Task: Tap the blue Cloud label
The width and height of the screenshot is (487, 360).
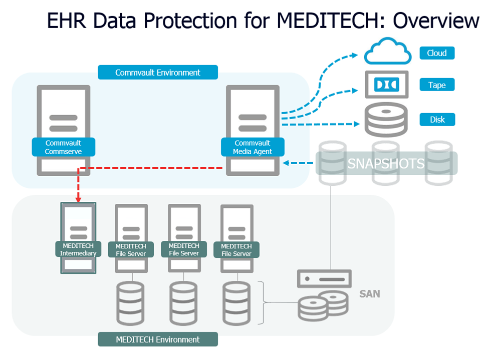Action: tap(436, 53)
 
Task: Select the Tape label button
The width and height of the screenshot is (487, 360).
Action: tap(436, 85)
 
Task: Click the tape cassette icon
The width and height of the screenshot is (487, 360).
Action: tap(386, 84)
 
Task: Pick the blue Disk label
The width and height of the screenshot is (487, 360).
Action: tap(437, 120)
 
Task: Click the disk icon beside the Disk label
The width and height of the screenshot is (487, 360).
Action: tap(385, 120)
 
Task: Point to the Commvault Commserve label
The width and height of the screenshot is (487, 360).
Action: tap(63, 147)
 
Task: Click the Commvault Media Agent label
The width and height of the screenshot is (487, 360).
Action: tap(253, 147)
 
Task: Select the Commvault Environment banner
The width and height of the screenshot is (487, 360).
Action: tap(157, 72)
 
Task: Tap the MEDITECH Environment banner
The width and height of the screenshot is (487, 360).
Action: tap(157, 339)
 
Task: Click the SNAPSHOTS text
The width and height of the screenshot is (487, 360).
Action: tap(386, 163)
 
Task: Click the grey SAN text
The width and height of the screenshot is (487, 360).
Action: tap(369, 294)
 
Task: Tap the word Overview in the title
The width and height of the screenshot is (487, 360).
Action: tap(435, 21)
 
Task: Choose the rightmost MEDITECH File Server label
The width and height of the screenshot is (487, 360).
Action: tap(236, 250)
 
